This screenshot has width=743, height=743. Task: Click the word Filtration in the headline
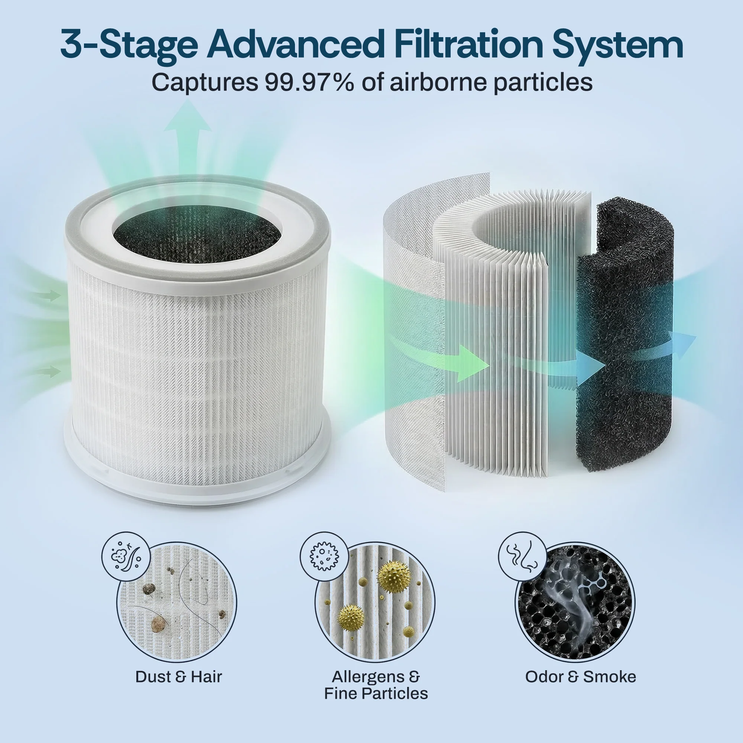[468, 45]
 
